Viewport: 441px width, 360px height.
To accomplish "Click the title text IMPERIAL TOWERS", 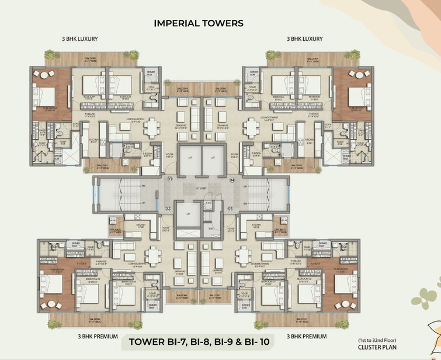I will (x=198, y=23).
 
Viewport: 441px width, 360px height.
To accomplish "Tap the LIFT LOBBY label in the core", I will (x=203, y=187).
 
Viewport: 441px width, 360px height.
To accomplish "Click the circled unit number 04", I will (x=232, y=179).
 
